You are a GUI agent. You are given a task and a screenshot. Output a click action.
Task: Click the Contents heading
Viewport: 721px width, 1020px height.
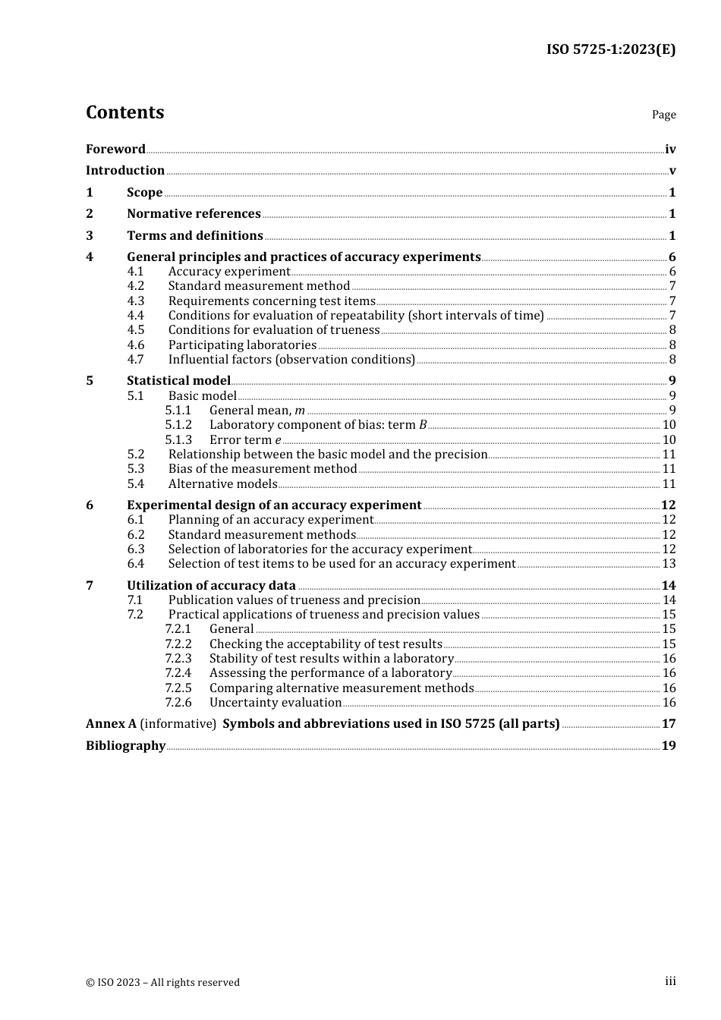click(124, 112)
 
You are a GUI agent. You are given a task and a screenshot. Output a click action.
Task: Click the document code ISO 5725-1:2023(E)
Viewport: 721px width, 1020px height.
click(610, 49)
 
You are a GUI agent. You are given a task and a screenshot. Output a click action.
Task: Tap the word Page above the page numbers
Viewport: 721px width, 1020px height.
click(663, 115)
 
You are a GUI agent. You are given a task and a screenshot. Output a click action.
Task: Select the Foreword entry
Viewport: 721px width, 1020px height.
click(115, 149)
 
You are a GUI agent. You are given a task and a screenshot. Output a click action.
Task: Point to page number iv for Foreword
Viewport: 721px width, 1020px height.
click(669, 149)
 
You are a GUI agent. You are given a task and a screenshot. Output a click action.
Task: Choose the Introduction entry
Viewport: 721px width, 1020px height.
click(125, 170)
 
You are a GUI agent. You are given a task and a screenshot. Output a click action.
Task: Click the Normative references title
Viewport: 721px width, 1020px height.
click(194, 213)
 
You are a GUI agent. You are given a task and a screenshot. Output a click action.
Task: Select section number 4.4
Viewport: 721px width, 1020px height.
click(135, 315)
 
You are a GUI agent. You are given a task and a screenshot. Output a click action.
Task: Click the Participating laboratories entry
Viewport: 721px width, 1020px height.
click(242, 345)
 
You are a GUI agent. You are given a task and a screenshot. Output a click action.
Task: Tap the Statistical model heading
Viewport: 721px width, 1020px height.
click(178, 380)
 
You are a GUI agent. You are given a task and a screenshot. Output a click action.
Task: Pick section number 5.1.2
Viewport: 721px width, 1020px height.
click(178, 424)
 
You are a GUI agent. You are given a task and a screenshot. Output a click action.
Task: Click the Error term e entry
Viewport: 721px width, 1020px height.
click(245, 439)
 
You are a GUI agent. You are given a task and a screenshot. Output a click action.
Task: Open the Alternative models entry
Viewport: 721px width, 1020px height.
click(222, 483)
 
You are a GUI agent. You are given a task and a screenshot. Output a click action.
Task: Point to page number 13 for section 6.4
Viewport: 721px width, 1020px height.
click(669, 563)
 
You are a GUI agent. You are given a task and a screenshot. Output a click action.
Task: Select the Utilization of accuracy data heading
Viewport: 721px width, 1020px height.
click(211, 585)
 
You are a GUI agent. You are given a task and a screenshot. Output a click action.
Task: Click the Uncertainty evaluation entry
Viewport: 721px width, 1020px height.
click(275, 702)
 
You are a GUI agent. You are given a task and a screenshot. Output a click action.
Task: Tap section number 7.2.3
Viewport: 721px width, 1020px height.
click(178, 658)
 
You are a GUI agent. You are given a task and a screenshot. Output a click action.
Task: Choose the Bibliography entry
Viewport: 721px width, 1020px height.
click(125, 745)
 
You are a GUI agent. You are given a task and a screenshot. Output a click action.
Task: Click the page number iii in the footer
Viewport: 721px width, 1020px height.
click(670, 981)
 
